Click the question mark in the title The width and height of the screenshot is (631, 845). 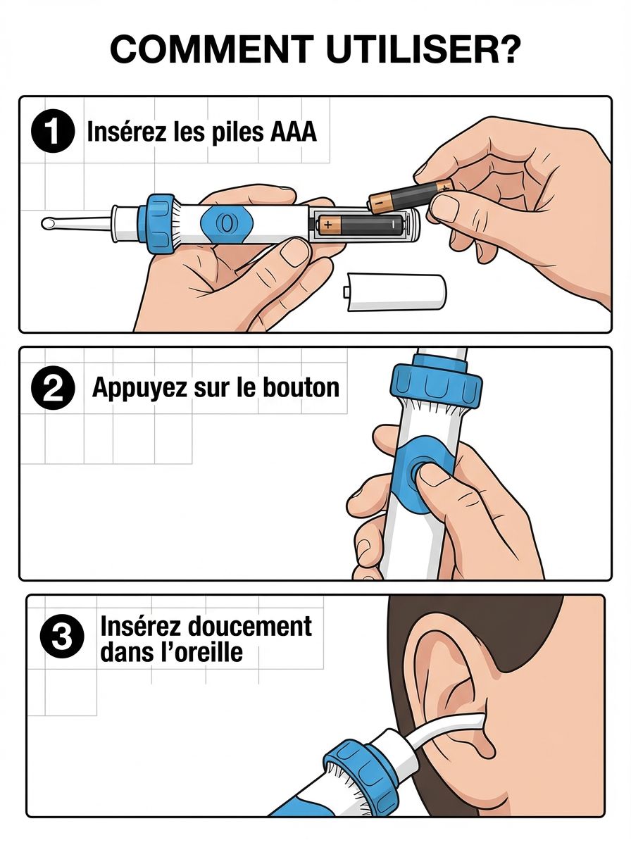(507, 49)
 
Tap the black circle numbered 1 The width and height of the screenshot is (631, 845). (53, 132)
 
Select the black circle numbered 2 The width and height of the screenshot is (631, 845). (53, 388)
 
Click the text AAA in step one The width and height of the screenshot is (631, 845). (293, 132)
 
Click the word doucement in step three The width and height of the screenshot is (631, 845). (249, 626)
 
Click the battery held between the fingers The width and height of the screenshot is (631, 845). (411, 197)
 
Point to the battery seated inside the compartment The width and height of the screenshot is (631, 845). (360, 225)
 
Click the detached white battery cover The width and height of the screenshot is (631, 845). (395, 292)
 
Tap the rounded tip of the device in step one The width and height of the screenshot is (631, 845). (49, 223)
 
